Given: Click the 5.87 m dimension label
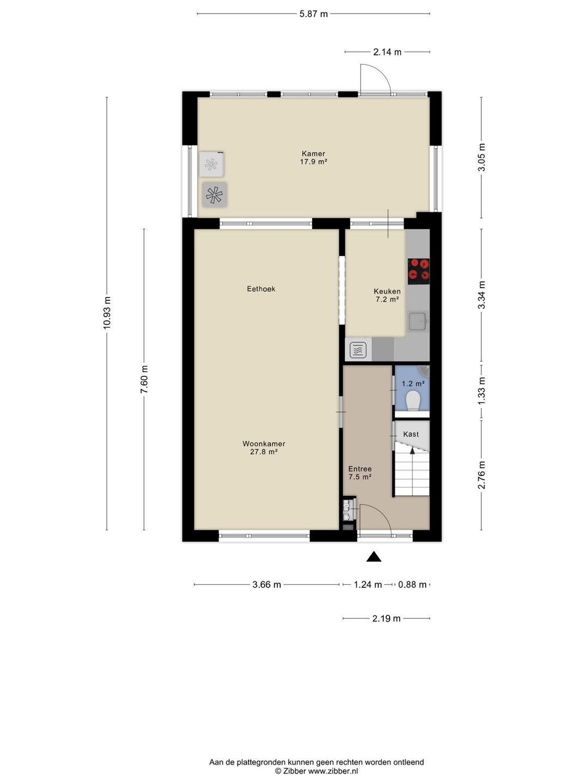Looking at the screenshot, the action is [314, 14].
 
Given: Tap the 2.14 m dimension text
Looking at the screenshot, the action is [387, 52].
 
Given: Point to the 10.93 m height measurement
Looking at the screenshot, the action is [107, 313].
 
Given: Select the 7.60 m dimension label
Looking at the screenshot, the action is [144, 379].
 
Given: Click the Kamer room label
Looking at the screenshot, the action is [314, 154].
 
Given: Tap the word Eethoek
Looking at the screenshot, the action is [261, 289].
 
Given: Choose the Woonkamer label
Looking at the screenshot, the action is [264, 444].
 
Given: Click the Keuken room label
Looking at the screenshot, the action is [387, 291].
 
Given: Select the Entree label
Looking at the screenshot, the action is [360, 469].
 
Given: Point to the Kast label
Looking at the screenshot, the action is [411, 434].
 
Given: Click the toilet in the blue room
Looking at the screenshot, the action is [413, 401].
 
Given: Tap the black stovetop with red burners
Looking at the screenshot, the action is [419, 272].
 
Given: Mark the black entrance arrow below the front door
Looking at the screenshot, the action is [373, 556].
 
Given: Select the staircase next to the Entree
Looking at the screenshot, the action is [412, 468].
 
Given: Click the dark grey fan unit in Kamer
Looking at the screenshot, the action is [214, 195].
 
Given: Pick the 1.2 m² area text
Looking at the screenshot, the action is [413, 384].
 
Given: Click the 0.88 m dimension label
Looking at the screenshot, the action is [412, 585].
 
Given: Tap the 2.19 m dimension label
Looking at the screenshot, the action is [387, 618].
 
